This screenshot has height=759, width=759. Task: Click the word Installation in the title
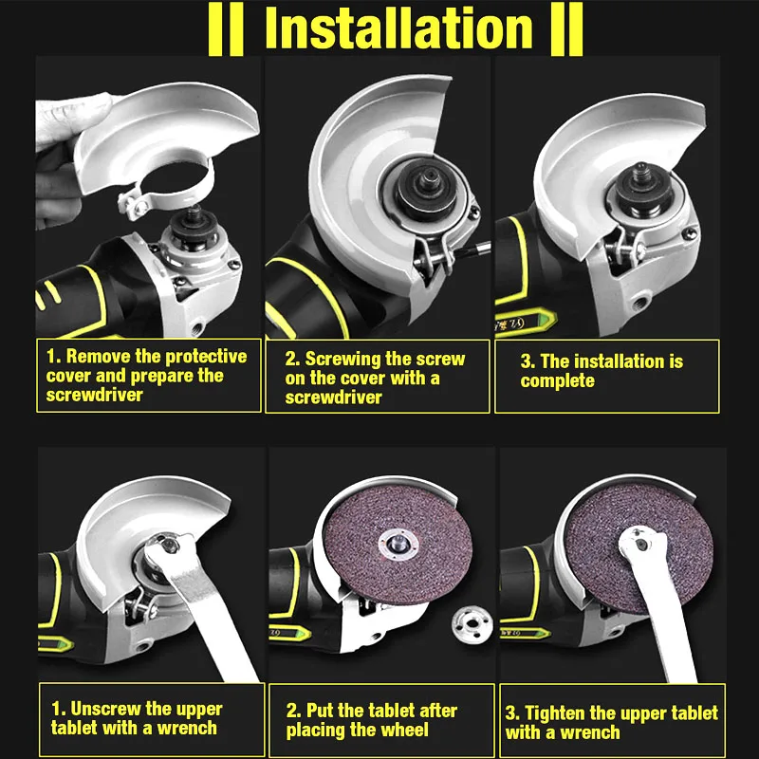398,28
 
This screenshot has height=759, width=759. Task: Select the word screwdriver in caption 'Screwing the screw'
334,398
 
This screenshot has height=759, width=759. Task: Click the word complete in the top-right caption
557,381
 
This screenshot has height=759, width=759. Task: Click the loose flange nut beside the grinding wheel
472,624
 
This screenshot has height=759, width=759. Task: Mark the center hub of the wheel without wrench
398,544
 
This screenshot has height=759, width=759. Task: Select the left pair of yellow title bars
226,29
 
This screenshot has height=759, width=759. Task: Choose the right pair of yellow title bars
566,29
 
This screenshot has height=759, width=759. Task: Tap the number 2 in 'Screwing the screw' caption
291,359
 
